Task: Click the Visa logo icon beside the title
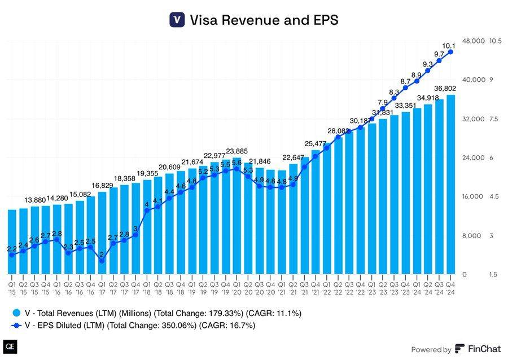point(177,20)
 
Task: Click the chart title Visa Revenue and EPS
point(264,20)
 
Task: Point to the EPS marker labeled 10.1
point(451,52)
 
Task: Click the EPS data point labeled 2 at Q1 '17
point(102,261)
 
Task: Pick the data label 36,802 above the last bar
point(445,88)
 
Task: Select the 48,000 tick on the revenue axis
point(474,41)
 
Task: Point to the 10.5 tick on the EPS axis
point(495,41)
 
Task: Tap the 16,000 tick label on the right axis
point(474,197)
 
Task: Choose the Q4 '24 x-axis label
point(451,281)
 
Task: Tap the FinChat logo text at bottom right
point(478,349)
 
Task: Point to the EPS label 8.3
point(395,93)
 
